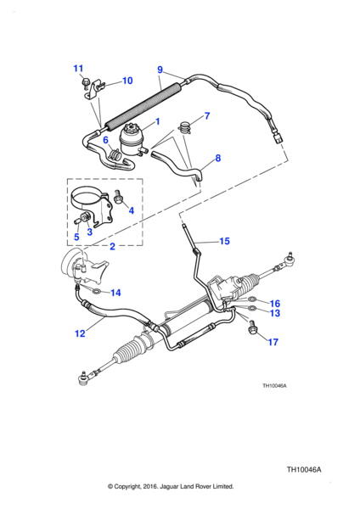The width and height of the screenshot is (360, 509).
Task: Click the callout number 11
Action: click(x=78, y=69)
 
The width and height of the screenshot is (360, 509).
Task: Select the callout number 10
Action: click(x=127, y=81)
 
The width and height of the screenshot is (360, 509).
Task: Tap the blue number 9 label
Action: click(x=160, y=70)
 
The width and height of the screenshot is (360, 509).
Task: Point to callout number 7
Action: click(x=207, y=116)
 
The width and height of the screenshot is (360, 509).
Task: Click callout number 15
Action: click(x=224, y=241)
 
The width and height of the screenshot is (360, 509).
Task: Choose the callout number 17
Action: click(x=273, y=342)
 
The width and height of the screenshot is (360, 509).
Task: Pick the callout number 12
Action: click(x=80, y=333)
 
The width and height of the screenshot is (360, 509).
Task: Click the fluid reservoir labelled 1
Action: click(x=132, y=142)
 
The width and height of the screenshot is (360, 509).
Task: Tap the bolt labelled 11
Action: click(x=86, y=82)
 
